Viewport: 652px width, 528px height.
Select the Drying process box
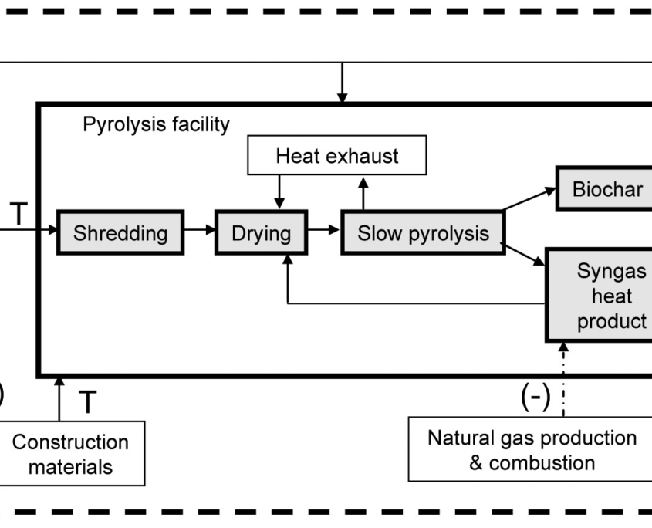click(261, 233)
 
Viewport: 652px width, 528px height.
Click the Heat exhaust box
click(337, 157)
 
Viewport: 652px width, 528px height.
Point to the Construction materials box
click(71, 454)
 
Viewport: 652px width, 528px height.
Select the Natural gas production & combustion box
click(532, 450)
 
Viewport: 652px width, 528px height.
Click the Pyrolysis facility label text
click(156, 125)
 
